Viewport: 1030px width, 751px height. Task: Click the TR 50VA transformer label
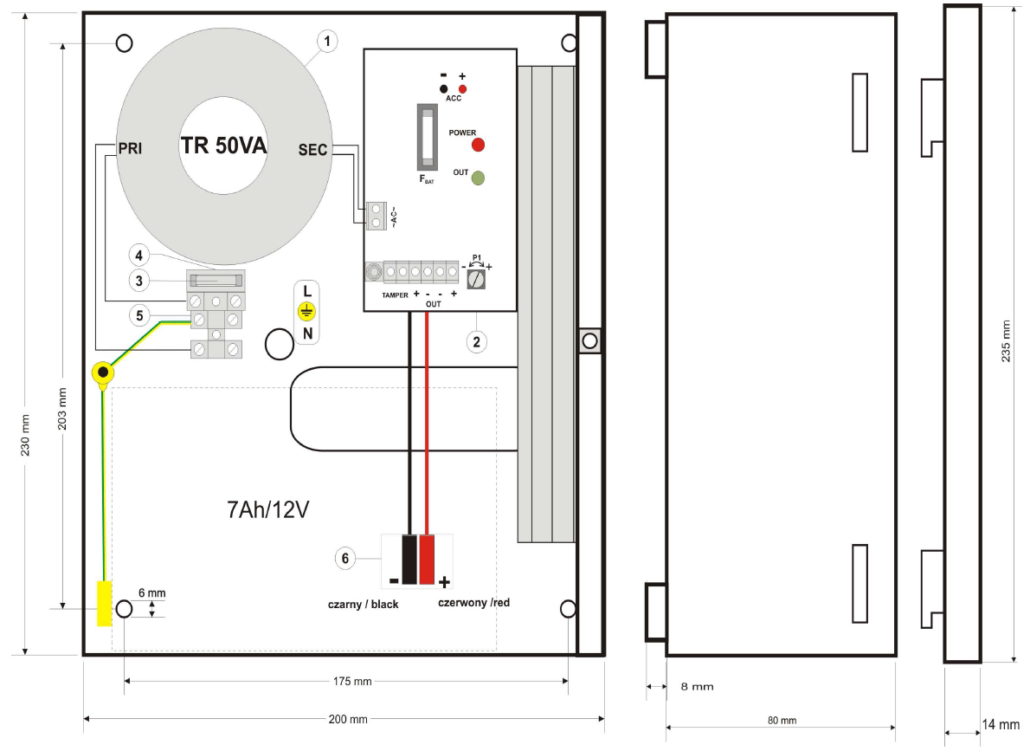click(223, 146)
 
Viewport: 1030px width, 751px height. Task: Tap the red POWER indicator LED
click(477, 145)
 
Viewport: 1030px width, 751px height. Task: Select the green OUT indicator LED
click(477, 178)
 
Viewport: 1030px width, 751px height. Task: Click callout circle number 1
click(325, 40)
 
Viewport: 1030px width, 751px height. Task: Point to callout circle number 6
click(344, 559)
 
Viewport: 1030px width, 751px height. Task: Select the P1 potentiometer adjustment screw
click(474, 278)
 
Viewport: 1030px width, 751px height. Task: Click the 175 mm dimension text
click(352, 682)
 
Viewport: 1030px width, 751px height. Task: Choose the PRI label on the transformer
click(129, 149)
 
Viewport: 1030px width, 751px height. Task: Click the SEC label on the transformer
click(312, 150)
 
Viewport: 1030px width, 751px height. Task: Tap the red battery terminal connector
click(428, 560)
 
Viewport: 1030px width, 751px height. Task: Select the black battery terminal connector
click(409, 560)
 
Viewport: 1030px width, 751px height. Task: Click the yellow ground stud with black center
click(103, 373)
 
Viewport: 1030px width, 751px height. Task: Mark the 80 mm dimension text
click(782, 720)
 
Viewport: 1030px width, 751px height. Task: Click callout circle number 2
click(474, 341)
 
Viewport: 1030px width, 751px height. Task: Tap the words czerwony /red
click(473, 603)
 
